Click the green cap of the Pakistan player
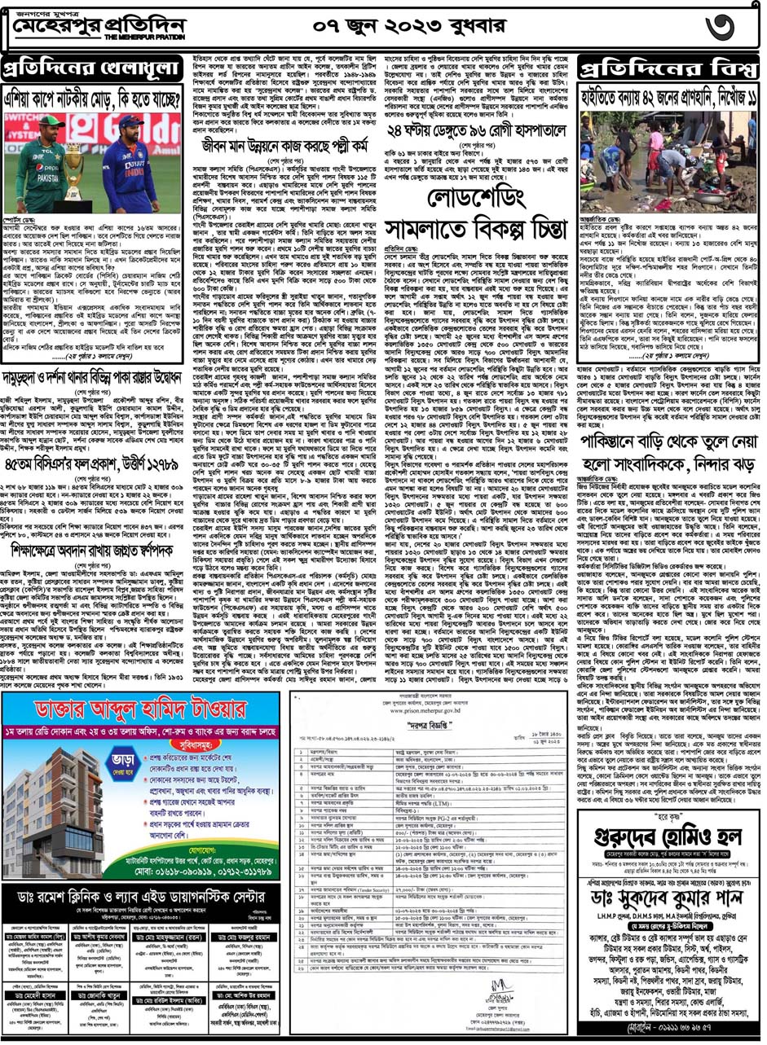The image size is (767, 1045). click(x=51, y=121)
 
